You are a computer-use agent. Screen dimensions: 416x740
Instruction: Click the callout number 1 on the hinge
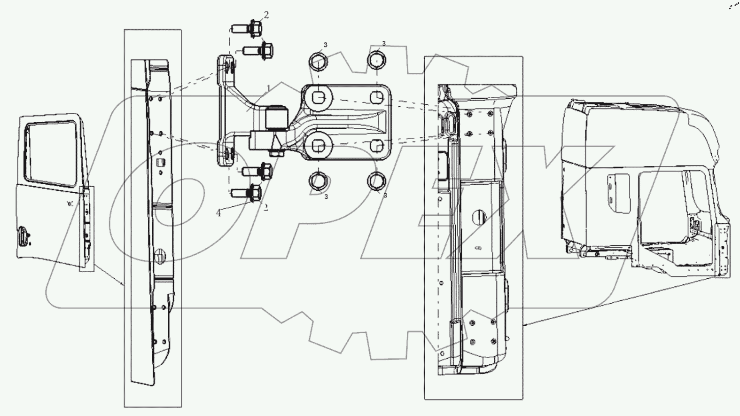click(268, 88)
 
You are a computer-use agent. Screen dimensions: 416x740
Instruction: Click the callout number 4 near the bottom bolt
click(218, 213)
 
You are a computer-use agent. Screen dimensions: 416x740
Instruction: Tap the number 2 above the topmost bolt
click(266, 15)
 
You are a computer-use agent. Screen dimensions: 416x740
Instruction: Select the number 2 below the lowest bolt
click(266, 207)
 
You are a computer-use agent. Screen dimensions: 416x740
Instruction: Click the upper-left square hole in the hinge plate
click(318, 98)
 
